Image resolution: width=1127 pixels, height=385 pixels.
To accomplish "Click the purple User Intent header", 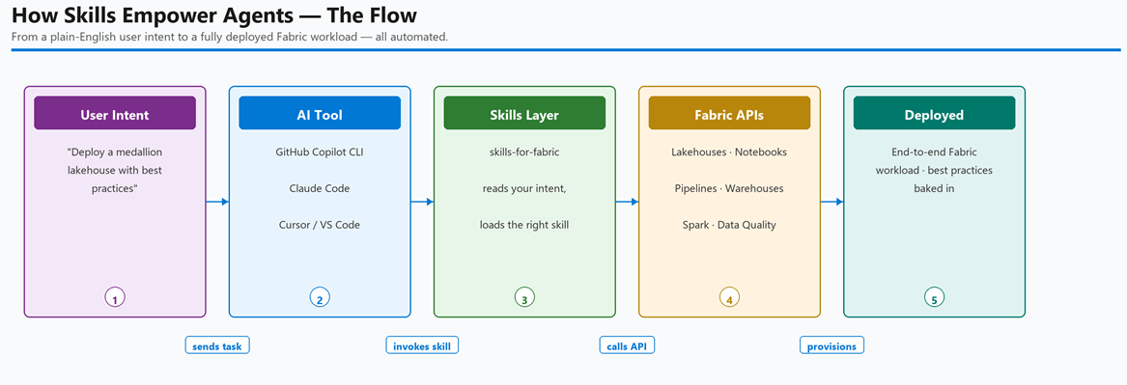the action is pos(115,114).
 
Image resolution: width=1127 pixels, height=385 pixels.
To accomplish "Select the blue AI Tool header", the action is pos(319,114).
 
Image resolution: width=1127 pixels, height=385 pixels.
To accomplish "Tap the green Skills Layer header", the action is pos(524,114).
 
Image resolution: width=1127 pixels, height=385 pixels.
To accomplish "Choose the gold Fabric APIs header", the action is pos(729,114).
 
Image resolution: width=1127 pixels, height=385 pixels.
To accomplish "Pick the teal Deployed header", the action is pos(934,114).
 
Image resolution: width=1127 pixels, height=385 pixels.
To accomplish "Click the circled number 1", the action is pos(115,297).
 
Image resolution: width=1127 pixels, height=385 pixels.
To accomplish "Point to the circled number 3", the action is pos(524,297).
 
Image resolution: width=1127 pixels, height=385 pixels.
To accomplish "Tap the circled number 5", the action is pos(935,297).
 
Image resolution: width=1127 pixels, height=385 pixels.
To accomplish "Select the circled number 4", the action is pos(729,297).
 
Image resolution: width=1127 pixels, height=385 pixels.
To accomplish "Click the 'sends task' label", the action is pos(217,345).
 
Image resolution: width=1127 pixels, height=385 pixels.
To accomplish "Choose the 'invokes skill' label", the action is pos(422,345).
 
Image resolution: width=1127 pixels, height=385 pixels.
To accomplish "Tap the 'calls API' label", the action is pos(627,345).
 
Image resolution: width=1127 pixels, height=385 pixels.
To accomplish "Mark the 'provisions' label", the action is pos(831,345).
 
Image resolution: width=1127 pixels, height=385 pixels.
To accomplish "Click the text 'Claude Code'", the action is pos(319,188).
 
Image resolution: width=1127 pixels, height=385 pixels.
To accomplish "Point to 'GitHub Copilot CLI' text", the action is pos(319,152).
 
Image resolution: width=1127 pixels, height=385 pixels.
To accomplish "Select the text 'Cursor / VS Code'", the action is pos(319,225).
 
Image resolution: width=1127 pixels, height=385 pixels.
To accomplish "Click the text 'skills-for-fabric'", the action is pos(524,152).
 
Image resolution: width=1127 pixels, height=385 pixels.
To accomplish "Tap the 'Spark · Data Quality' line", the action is pos(729,225).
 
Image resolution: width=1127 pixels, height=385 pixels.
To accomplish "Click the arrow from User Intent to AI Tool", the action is pos(217,202).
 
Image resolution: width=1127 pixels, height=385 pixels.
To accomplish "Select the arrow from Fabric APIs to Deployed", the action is pos(831,202).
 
